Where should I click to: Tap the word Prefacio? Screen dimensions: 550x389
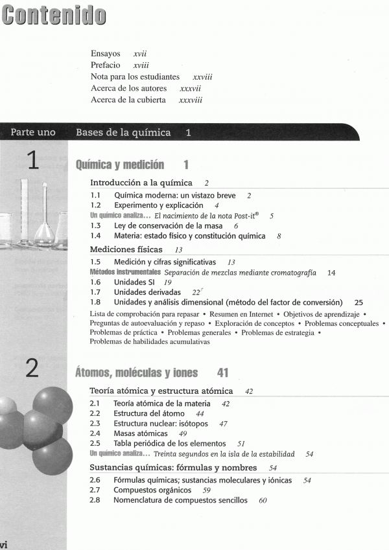[x=106, y=65]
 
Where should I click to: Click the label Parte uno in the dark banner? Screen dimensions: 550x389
[x=33, y=133]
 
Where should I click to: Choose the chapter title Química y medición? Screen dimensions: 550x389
[x=120, y=165]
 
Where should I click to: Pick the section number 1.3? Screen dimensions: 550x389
[x=95, y=225]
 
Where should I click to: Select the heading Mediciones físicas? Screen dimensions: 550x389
[x=126, y=249]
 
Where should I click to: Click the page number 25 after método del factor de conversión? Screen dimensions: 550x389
[x=359, y=303]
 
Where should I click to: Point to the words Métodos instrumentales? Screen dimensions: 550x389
[x=124, y=273]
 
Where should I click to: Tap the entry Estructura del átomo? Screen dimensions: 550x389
[x=149, y=413]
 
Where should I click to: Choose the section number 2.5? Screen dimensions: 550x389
[x=95, y=444]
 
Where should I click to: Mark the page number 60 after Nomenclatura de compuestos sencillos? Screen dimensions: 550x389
[x=263, y=501]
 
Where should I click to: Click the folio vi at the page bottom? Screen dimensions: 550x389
[x=5, y=544]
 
